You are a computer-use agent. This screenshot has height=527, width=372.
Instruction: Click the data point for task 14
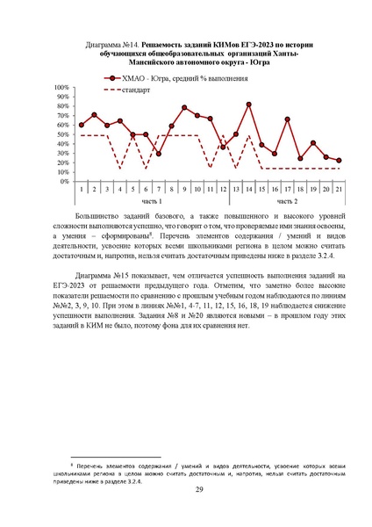[x=249, y=105]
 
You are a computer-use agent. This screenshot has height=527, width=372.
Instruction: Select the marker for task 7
[x=159, y=154]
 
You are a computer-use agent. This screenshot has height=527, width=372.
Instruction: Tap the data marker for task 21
[x=339, y=161]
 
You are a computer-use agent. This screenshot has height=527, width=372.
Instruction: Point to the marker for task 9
[x=184, y=107]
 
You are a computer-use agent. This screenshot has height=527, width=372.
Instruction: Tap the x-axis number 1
[x=82, y=189]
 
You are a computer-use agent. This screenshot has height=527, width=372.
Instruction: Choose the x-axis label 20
[x=326, y=189]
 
